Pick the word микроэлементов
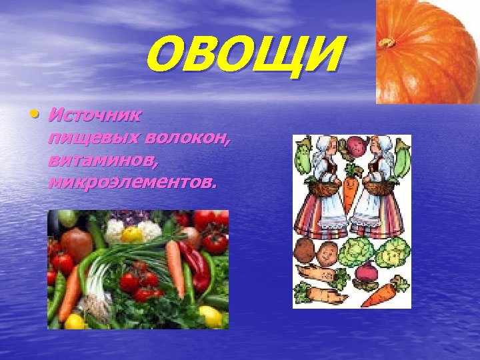(x=131, y=182)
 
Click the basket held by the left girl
(x=325, y=188)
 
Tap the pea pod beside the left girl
(x=303, y=156)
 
